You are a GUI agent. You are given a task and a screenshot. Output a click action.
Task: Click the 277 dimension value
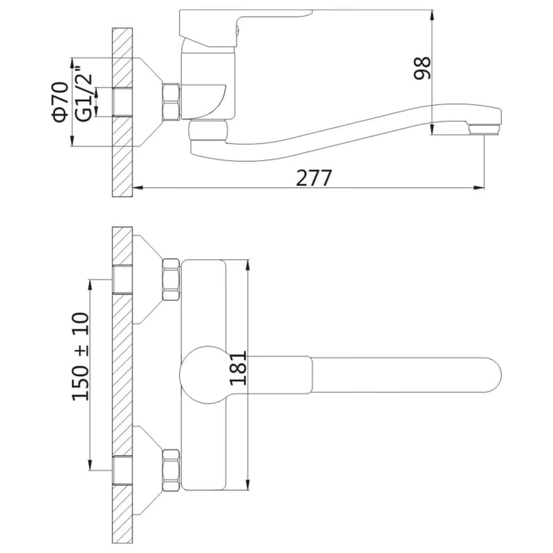314,178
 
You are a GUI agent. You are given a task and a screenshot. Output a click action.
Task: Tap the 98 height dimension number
422,68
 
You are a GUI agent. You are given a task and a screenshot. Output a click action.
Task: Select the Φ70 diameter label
60,102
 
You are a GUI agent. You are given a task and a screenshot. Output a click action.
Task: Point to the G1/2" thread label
84,97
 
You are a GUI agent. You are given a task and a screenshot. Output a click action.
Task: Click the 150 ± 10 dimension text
80,357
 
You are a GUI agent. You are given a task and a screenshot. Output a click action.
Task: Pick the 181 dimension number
238,368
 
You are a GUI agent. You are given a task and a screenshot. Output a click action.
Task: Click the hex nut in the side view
171,102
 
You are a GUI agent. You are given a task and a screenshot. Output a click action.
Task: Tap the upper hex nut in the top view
171,279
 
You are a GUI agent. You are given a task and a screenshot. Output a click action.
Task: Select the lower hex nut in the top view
171,470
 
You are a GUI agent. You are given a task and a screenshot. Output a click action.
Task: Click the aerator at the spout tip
485,129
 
